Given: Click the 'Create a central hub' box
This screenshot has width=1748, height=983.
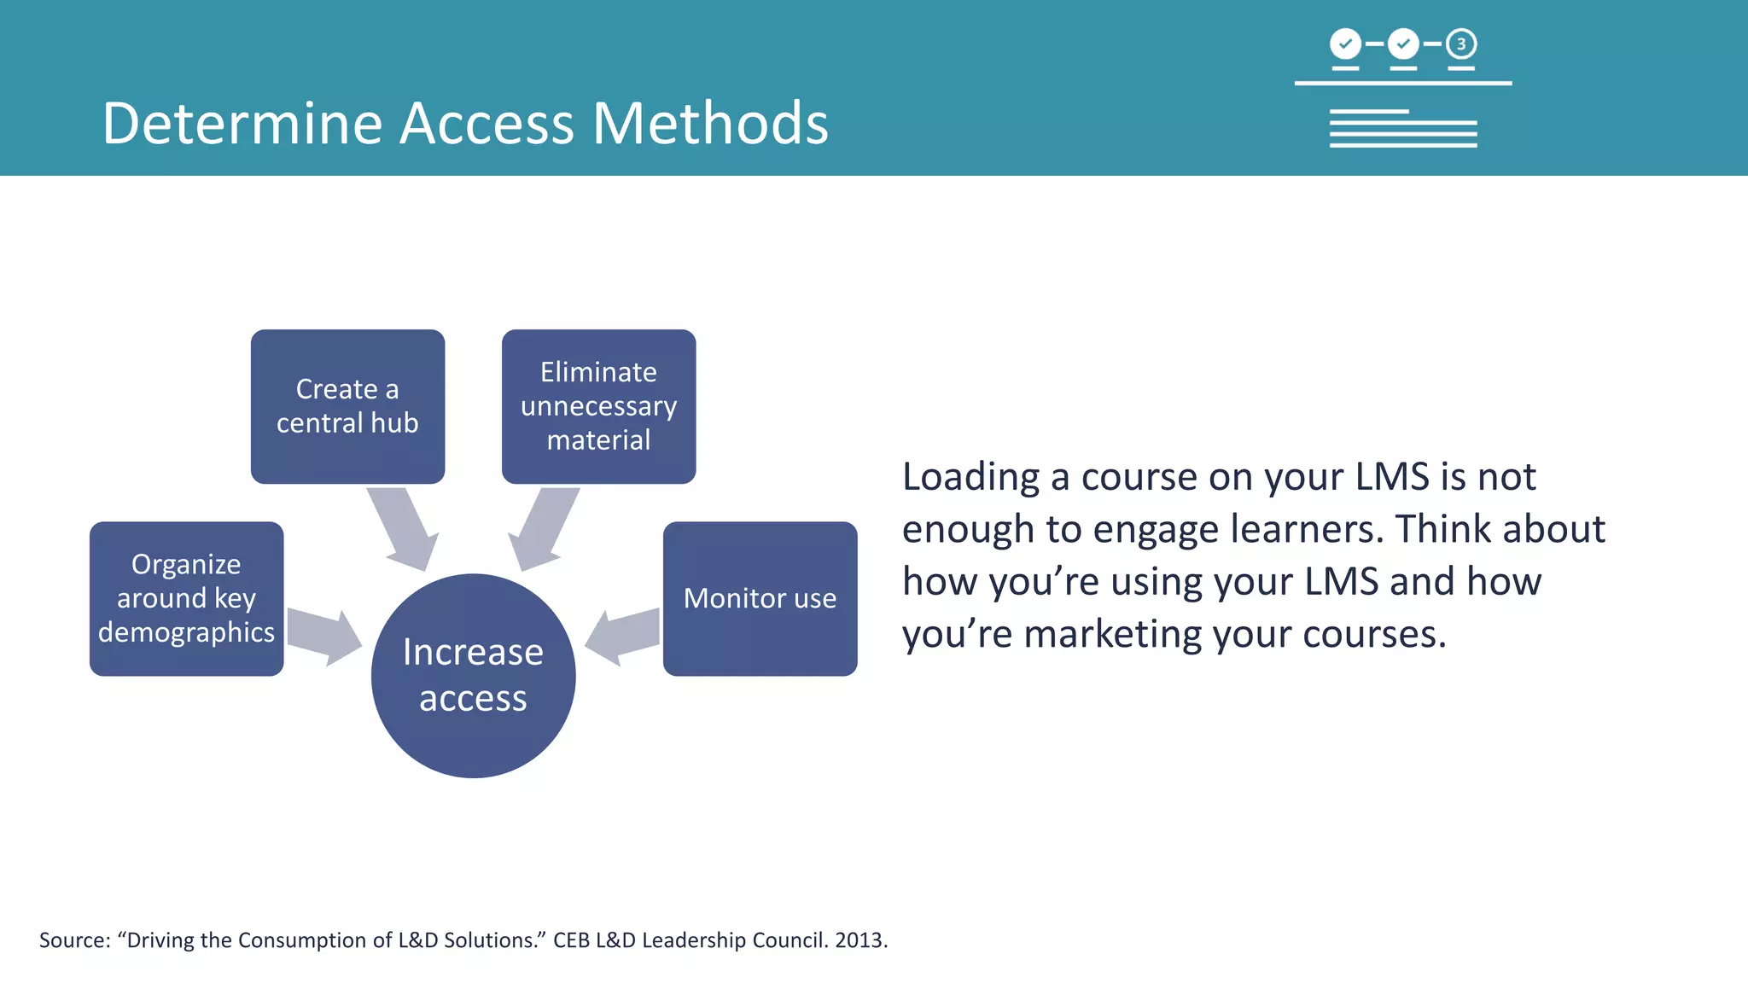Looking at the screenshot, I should pyautogui.click(x=347, y=406).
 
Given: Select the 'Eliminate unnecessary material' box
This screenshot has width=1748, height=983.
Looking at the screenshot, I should pyautogui.click(x=598, y=406).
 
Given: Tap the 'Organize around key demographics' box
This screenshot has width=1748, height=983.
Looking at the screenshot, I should pyautogui.click(x=186, y=598).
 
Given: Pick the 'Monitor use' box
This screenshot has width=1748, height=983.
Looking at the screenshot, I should pyautogui.click(x=760, y=598).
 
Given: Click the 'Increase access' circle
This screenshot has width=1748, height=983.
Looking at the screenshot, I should pyautogui.click(x=473, y=675).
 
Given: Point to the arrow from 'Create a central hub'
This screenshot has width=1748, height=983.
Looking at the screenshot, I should pyautogui.click(x=403, y=527).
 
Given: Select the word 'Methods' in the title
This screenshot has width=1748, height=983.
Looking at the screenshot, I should pyautogui.click(x=710, y=124).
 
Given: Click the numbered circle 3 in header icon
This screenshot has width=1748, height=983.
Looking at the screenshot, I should pyautogui.click(x=1461, y=44).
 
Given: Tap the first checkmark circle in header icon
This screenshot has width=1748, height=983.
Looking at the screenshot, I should pyautogui.click(x=1345, y=44).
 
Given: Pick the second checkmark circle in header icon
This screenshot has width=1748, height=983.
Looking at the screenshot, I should pyautogui.click(x=1403, y=44).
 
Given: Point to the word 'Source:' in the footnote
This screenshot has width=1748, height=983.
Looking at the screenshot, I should pyautogui.click(x=75, y=940).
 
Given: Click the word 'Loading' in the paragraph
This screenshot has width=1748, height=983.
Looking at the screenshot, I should pyautogui.click(x=970, y=477).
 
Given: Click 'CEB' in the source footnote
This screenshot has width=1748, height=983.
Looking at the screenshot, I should pyautogui.click(x=571, y=940).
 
